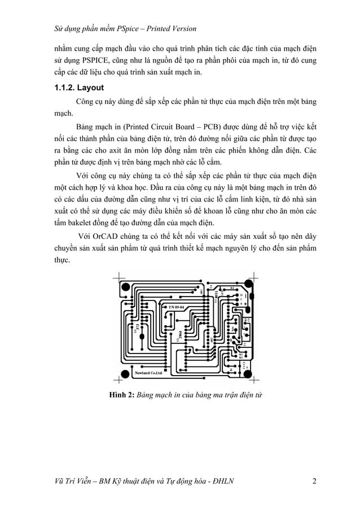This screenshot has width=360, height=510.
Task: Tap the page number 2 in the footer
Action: click(x=314, y=481)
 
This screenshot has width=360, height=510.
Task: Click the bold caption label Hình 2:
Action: click(x=121, y=395)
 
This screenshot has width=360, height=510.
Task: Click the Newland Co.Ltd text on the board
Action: click(x=148, y=373)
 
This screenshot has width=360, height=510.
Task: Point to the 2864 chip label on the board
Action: click(x=179, y=335)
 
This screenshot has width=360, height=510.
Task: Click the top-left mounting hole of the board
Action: click(x=124, y=287)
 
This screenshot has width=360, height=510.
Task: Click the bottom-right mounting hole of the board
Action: click(x=249, y=373)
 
